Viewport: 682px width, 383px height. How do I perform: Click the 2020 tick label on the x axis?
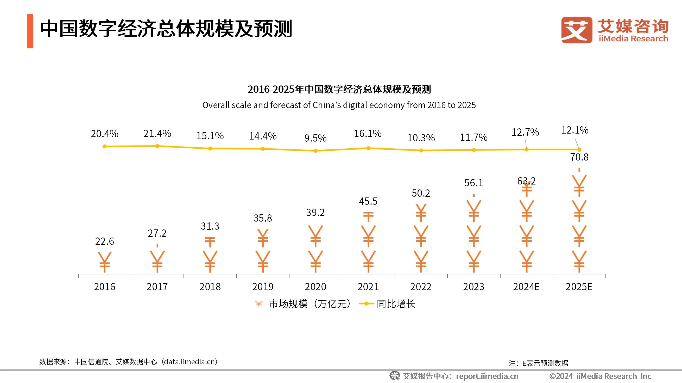315,287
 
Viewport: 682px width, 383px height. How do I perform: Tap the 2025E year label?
579,287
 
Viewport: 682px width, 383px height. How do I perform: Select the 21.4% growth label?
157,134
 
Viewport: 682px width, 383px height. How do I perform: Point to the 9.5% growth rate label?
315,138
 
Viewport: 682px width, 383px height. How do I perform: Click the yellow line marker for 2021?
368,148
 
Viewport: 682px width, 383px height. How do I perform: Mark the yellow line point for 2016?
105,147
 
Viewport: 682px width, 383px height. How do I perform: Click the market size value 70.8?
579,157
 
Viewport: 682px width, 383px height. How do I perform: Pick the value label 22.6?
105,241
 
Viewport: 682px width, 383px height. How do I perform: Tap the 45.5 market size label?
368,201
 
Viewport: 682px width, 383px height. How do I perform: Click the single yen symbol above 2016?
105,262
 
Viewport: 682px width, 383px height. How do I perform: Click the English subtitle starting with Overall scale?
339,105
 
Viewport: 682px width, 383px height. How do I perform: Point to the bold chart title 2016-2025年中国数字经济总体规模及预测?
339,89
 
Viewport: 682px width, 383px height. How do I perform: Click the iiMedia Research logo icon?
577,30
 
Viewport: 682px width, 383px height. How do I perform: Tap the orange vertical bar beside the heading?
30,31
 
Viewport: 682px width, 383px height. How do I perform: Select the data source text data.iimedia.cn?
190,362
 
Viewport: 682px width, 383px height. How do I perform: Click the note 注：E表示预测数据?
538,363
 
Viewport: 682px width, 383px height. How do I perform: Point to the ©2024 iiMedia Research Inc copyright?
600,376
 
